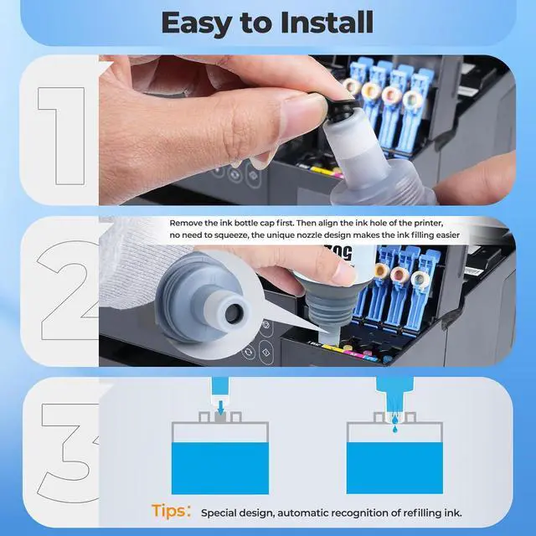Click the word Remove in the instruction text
[x=189, y=224]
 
